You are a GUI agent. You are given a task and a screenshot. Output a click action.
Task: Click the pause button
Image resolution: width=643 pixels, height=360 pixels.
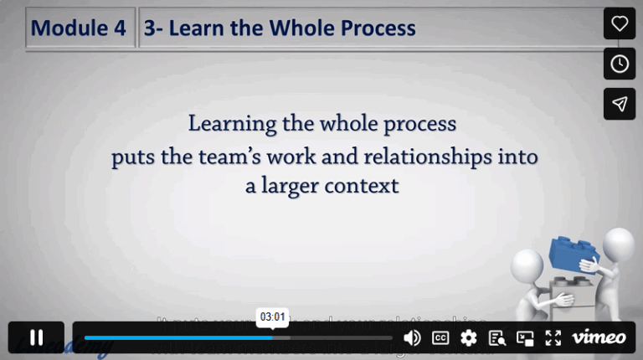36,337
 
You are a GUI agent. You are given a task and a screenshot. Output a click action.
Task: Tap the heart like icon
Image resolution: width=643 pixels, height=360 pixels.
620,23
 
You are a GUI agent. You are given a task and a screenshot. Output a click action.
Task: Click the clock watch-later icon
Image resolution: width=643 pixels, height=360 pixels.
620,64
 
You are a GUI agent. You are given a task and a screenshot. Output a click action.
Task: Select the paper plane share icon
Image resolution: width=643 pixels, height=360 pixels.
620,104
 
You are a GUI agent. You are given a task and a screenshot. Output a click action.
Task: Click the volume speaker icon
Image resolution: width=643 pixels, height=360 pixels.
412,337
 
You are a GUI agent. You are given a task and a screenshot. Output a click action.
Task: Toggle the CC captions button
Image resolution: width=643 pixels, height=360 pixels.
440,337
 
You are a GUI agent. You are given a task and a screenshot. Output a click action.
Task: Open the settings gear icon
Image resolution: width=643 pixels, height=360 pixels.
469,337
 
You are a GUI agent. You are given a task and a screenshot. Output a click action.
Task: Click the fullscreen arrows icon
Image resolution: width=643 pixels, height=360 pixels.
553,337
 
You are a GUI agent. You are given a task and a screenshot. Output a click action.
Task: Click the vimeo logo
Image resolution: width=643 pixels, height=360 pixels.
599,337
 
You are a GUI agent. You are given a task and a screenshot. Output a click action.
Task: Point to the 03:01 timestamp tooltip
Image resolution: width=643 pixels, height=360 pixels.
273,317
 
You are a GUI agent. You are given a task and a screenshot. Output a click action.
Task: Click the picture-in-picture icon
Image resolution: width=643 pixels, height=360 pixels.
525,337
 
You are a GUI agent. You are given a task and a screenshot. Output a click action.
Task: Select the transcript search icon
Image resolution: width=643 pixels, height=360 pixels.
497,337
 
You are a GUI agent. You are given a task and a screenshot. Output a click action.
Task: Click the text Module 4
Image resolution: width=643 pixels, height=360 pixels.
79,28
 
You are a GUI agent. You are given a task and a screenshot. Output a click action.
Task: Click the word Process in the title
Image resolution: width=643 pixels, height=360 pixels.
378,28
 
